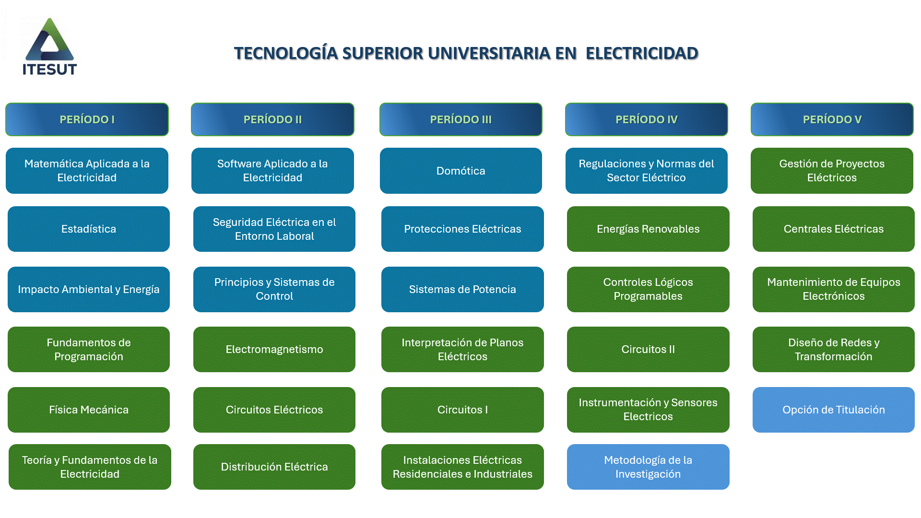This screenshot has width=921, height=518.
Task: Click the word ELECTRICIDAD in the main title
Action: point(642,53)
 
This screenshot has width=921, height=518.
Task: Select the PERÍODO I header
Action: point(87,119)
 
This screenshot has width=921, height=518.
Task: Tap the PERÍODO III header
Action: point(461,119)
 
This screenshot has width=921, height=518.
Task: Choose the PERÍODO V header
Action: point(832,119)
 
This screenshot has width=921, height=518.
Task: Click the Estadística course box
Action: point(89,229)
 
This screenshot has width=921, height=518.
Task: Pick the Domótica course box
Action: point(461,171)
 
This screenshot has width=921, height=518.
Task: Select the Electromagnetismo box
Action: point(274,350)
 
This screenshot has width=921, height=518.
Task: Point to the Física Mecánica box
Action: point(89,410)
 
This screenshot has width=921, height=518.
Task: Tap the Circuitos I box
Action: point(462,410)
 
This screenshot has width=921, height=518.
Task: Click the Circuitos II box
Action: point(648,350)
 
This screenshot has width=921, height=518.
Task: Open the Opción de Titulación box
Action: point(834,410)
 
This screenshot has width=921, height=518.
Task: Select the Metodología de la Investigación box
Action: point(648,467)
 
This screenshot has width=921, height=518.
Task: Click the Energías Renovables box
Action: point(648,229)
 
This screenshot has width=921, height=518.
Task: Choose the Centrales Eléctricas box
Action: point(834,229)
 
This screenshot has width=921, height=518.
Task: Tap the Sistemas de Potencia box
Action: point(462,290)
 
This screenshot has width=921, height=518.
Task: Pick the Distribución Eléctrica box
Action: point(274,467)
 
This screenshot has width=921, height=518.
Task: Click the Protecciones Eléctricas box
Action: point(462,229)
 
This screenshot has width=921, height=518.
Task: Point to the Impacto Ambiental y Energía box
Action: point(89,290)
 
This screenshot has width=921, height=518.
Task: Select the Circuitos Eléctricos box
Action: point(274,410)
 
